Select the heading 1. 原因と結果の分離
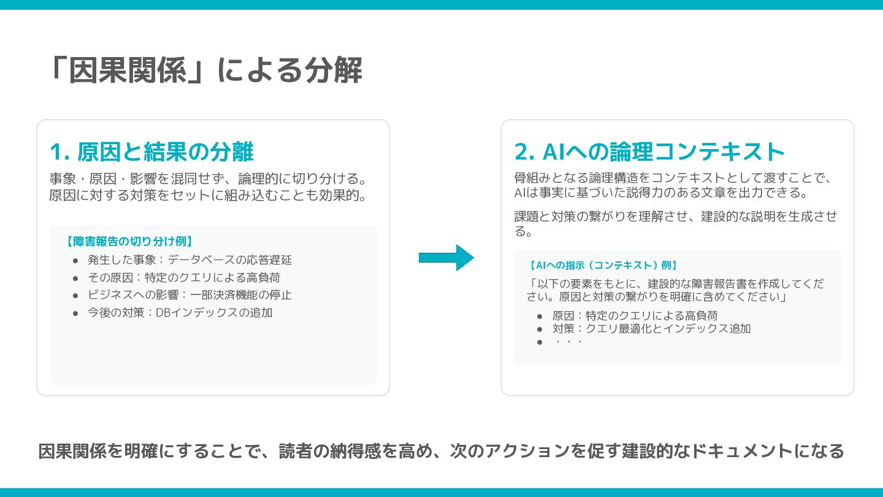[151, 151]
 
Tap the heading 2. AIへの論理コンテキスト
[649, 152]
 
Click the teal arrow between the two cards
[446, 258]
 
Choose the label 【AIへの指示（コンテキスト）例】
[602, 266]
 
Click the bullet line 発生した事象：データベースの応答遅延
[189, 260]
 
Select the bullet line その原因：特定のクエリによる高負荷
[184, 277]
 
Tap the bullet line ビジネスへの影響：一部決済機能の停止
[189, 295]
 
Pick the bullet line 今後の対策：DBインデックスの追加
[180, 312]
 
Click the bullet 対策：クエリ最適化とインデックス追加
[651, 328]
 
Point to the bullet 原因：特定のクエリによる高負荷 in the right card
[635, 315]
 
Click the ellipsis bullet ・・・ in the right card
[567, 341]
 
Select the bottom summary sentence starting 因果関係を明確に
[441, 451]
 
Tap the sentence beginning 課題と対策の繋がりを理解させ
[675, 223]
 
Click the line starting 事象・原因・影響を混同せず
[208, 179]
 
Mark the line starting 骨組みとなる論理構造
[672, 179]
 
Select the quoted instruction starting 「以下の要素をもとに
[675, 290]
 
